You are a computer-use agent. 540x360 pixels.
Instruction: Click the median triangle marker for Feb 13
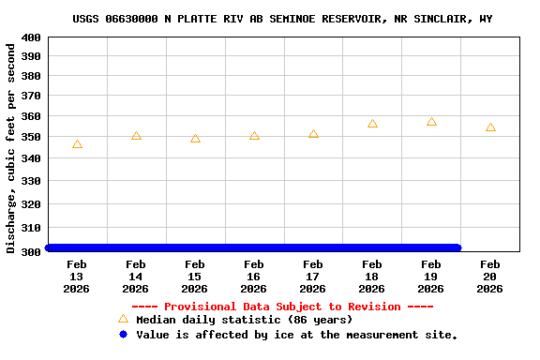click(x=77, y=144)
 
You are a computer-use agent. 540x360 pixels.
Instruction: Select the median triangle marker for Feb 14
click(x=136, y=136)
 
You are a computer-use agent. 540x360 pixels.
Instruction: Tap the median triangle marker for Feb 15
click(x=195, y=139)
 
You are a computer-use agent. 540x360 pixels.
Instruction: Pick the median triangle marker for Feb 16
click(x=254, y=136)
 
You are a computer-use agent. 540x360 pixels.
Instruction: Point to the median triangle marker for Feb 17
click(x=313, y=134)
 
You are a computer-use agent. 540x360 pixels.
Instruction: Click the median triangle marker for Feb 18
click(x=372, y=124)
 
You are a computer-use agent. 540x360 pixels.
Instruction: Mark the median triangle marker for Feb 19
click(x=431, y=122)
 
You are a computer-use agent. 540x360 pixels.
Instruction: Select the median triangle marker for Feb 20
click(x=490, y=127)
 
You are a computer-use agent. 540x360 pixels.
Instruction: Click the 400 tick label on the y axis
click(x=30, y=37)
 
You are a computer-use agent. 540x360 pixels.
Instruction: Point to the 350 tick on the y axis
click(x=30, y=138)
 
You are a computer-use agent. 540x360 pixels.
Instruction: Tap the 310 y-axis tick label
click(x=30, y=228)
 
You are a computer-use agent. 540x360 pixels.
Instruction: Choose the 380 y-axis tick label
click(x=30, y=77)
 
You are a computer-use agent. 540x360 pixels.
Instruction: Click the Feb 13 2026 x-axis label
click(x=77, y=277)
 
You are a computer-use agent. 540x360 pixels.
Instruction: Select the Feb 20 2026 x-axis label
click(x=490, y=277)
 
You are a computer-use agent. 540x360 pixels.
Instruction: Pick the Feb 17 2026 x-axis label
click(x=313, y=277)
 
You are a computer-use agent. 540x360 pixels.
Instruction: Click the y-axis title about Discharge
click(x=10, y=147)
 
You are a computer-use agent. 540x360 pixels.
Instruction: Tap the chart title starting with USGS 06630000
click(x=282, y=19)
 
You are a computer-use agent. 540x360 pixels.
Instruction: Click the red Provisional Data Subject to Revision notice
click(x=282, y=307)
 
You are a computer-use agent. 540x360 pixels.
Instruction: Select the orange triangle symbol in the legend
click(x=123, y=319)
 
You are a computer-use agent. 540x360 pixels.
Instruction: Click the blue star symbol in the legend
click(x=123, y=334)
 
